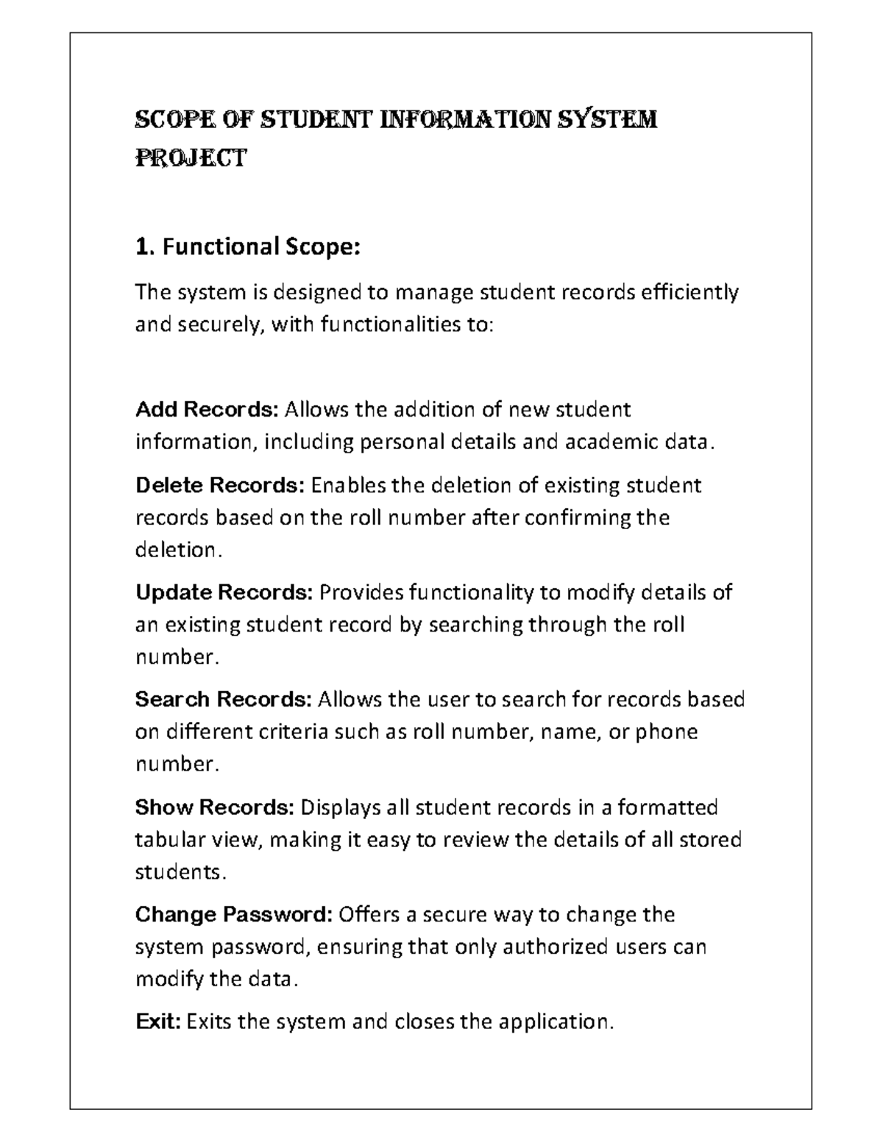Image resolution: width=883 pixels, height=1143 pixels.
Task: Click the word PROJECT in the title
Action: point(190,158)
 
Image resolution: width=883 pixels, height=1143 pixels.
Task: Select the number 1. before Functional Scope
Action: point(145,247)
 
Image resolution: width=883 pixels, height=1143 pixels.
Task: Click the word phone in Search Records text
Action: point(666,732)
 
